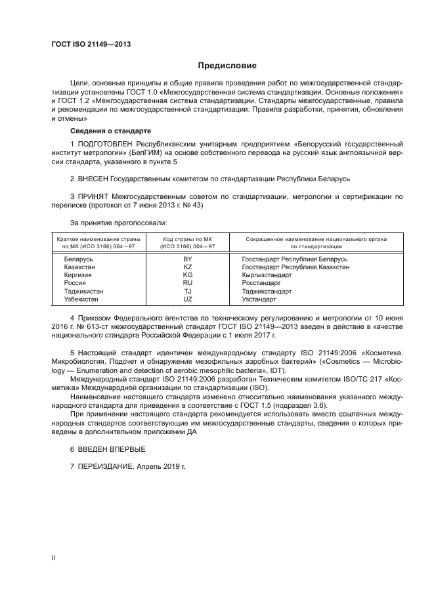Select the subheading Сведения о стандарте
coord(106,131)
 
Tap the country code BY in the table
coord(187,259)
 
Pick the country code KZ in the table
coord(187,267)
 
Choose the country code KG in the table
coord(187,275)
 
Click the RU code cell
coord(187,283)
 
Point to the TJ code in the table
coord(187,291)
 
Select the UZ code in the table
coord(187,299)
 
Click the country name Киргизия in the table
coord(78,275)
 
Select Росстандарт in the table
coord(261,283)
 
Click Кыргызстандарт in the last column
coord(268,275)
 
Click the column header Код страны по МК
coord(187,239)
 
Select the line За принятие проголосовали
coord(113,223)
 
